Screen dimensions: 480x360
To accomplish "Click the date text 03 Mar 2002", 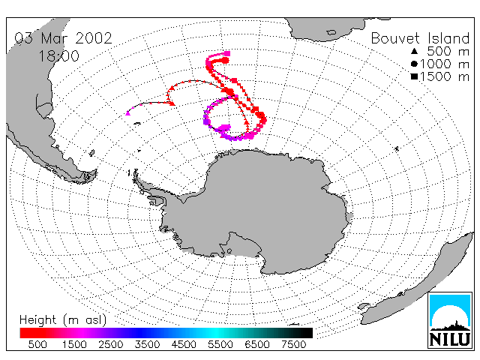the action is pos(63,38).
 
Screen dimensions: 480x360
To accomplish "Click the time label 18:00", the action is pos(58,56).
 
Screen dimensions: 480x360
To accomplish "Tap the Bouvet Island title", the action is pos(420,38).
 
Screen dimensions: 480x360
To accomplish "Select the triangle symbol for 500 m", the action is pos(414,51).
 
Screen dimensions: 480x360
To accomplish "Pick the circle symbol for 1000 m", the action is pos(414,64).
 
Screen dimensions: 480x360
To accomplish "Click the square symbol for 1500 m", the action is pos(414,76).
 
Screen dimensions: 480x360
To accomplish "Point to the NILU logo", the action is pos(450,320).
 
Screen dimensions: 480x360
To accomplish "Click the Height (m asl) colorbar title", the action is pos(63,320).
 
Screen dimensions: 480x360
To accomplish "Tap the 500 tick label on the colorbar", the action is pos(37,345).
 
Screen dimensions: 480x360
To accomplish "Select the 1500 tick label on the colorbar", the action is pos(74,345).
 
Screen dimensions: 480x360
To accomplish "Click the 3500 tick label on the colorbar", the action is pos(147,345).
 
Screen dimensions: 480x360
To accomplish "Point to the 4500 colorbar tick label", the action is pos(184,345).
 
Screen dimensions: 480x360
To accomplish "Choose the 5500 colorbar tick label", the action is pos(220,345).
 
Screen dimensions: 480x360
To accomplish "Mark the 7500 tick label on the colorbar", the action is pos(293,345).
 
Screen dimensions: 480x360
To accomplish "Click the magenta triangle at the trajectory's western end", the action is pos(128,113).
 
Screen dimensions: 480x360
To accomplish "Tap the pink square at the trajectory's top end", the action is pos(227,54).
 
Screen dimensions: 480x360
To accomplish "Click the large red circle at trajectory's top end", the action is pos(225,60).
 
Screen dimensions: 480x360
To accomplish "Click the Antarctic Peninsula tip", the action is pos(134,174).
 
